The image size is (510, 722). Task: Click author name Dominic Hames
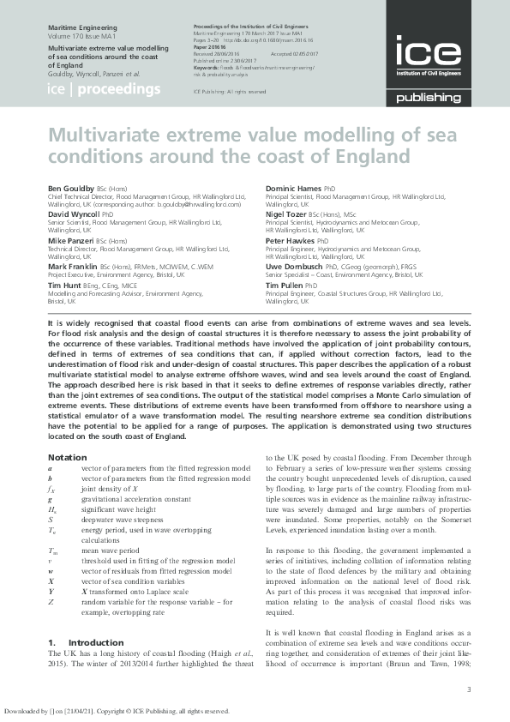coord(294,188)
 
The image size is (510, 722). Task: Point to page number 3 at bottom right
coord(469,689)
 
